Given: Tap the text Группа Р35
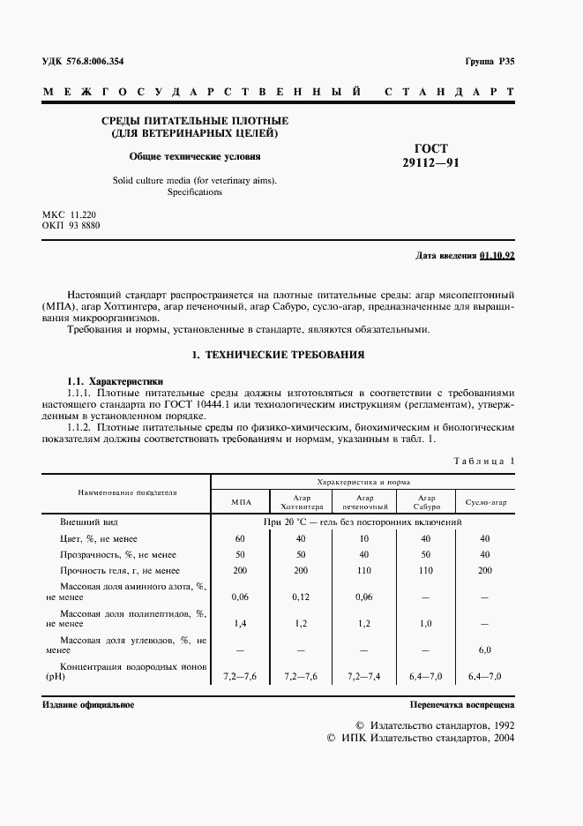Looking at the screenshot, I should tap(489, 61).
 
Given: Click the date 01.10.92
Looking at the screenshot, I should tap(497, 255).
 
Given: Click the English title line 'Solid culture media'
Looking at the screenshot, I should tap(194, 180).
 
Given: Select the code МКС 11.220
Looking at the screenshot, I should tap(71, 214).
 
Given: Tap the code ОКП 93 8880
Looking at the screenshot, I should tap(71, 226).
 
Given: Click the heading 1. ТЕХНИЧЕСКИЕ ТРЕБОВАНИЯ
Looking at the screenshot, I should tap(280, 354).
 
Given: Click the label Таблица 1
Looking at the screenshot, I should tap(484, 461).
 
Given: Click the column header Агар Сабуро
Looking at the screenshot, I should tap(426, 502).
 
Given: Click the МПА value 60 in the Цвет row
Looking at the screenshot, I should tap(240, 538).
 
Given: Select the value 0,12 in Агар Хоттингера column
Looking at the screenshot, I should tap(301, 597).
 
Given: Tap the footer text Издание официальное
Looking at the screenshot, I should tap(87, 707).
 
